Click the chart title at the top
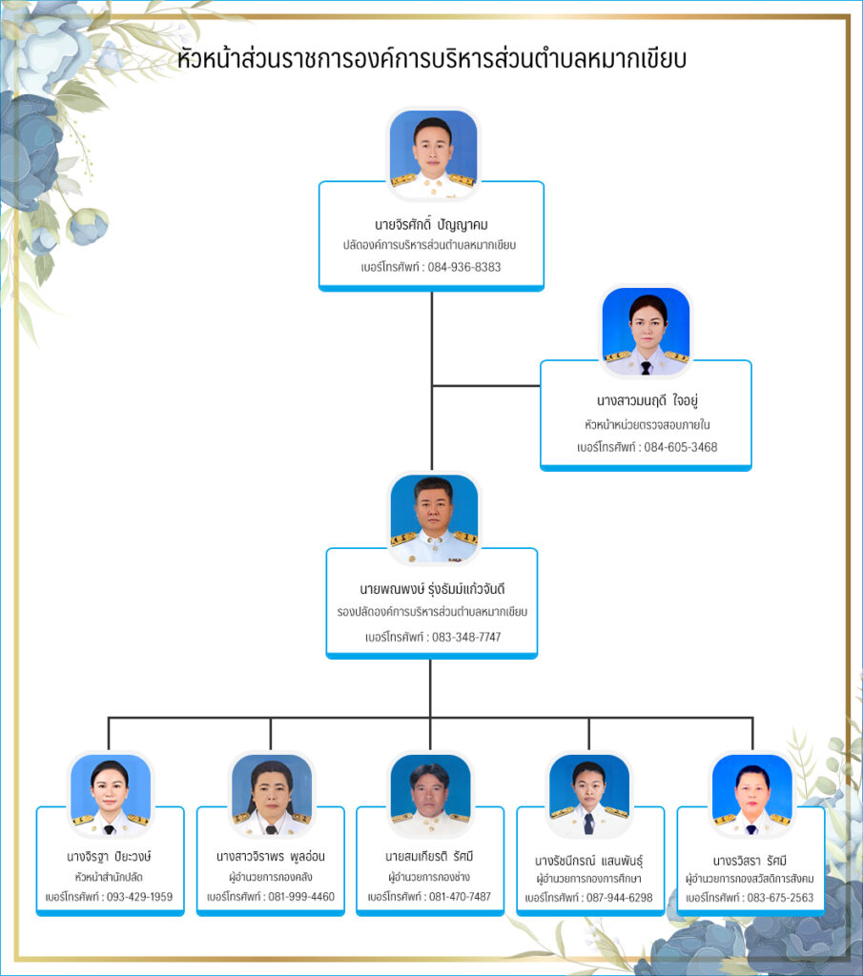coord(432,59)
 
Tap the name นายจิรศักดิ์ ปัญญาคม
coord(431,225)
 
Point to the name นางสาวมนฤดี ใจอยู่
coord(646,401)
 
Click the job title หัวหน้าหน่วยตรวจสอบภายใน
coord(646,425)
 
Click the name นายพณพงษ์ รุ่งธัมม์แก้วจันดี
coord(431,589)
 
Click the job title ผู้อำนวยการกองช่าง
coord(429,876)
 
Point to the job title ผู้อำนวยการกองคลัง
coord(270,876)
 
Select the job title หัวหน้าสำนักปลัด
coord(110,876)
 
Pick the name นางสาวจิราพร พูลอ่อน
coord(270,856)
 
